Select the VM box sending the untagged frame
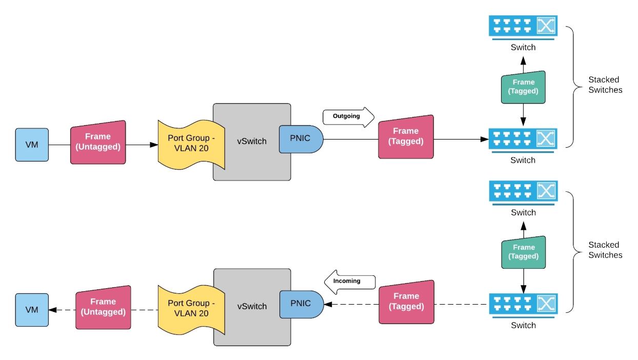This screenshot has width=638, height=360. pyautogui.click(x=32, y=145)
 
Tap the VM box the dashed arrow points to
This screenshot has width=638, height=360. pyautogui.click(x=32, y=310)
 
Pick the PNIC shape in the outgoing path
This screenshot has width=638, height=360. pyautogui.click(x=301, y=138)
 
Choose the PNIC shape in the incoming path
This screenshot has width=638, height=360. pyautogui.click(x=301, y=304)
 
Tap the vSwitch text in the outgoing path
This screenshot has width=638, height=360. pyautogui.click(x=252, y=141)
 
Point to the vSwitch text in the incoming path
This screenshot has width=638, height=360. pyautogui.click(x=252, y=306)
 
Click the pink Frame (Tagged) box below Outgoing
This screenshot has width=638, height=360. pyautogui.click(x=406, y=136)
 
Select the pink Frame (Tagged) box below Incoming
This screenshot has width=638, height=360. pyautogui.click(x=406, y=302)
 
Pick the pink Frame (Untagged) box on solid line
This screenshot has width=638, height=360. pyautogui.click(x=97, y=142)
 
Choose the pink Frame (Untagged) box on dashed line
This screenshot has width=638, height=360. pyautogui.click(x=103, y=307)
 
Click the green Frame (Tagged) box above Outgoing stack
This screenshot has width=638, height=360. pyautogui.click(x=523, y=87)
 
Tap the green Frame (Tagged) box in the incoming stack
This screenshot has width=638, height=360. pyautogui.click(x=523, y=252)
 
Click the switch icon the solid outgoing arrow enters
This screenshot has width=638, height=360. pyautogui.click(x=523, y=138)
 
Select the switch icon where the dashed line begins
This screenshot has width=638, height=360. pyautogui.click(x=523, y=304)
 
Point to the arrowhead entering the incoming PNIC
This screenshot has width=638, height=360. pyautogui.click(x=328, y=304)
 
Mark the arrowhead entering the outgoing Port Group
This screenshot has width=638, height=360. pyautogui.click(x=154, y=145)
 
